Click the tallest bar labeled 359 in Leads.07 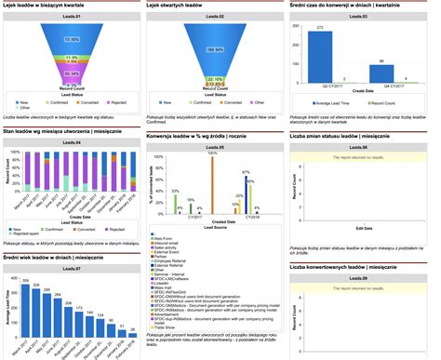tap(27, 308)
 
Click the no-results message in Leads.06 tap(367, 158)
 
